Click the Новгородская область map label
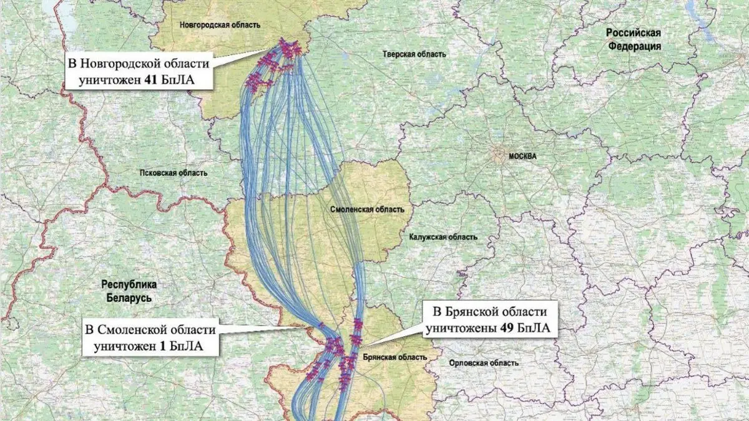(x=218, y=25)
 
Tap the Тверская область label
(x=414, y=54)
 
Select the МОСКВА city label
(x=522, y=157)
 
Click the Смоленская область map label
(x=366, y=210)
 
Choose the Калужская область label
(x=443, y=237)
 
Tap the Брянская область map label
(x=394, y=357)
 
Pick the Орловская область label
(x=477, y=363)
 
